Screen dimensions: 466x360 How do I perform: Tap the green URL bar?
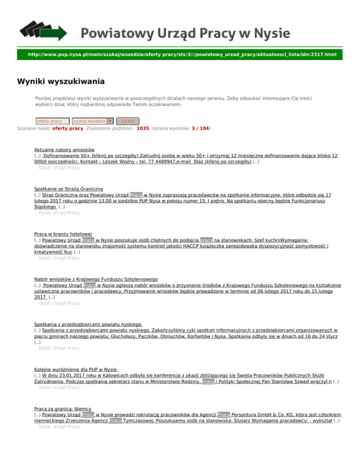(x=182, y=55)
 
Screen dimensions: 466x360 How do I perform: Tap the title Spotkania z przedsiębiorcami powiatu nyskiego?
(x=88, y=323)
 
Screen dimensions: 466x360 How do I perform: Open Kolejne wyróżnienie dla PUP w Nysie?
(x=76, y=369)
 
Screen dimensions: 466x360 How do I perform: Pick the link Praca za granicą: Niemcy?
(x=63, y=408)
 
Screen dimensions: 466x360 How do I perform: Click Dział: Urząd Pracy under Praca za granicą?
(x=59, y=427)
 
